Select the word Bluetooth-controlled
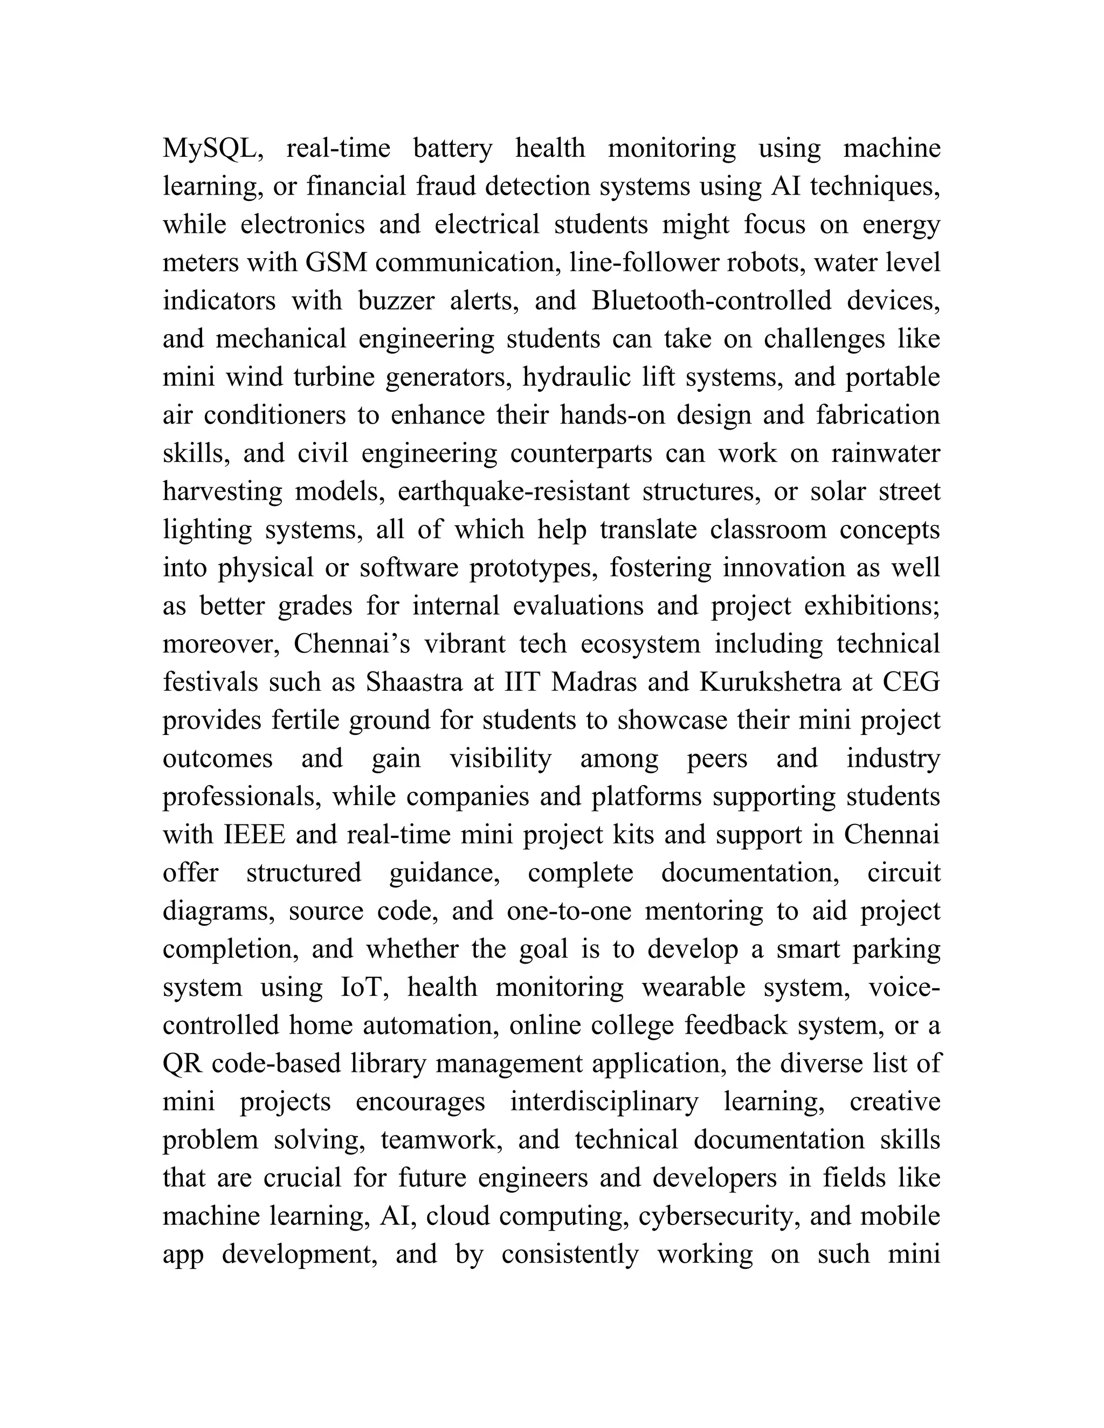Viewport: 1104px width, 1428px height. click(712, 301)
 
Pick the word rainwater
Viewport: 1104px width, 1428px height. click(886, 453)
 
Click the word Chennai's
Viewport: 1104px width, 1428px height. click(352, 644)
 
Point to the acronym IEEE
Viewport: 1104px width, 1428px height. click(254, 835)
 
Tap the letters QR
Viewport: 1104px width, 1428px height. click(183, 1064)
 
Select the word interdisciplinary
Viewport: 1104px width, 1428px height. click(604, 1102)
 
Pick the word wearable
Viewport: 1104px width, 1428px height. click(693, 987)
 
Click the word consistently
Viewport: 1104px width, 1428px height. click(570, 1254)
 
